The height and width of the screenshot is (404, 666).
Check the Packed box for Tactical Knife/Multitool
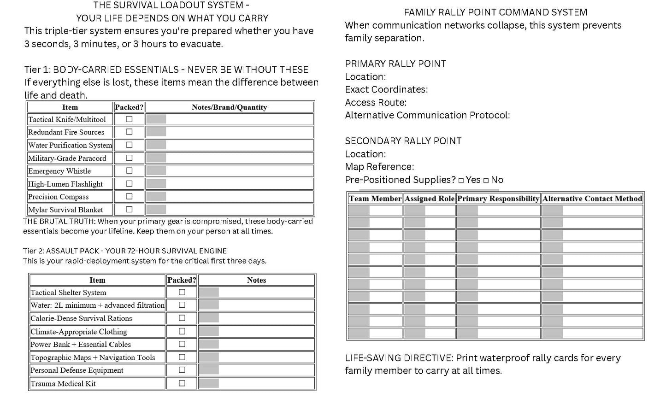(x=129, y=119)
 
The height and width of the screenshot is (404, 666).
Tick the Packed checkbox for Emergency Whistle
(x=129, y=170)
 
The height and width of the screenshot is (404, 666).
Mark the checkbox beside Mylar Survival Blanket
(x=129, y=209)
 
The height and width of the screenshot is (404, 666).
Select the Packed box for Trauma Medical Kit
(x=182, y=383)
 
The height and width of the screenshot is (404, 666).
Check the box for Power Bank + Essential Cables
(x=182, y=344)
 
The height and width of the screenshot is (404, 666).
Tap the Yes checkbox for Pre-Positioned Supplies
(x=461, y=181)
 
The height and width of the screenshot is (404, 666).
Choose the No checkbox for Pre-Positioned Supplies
(x=486, y=181)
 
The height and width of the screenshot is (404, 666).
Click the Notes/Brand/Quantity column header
(x=229, y=107)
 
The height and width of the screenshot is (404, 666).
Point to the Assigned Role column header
(x=429, y=199)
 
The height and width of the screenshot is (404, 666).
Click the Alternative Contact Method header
(x=592, y=199)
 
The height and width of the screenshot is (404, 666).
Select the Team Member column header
(x=375, y=199)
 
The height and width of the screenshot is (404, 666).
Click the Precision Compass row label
(x=59, y=197)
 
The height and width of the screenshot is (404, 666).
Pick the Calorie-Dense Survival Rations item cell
(x=81, y=318)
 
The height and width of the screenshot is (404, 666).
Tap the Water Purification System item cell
(x=70, y=145)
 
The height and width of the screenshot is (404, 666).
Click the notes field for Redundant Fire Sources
(x=229, y=132)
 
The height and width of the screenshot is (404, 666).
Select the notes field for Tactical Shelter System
(x=256, y=292)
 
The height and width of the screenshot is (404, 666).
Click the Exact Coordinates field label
(x=386, y=89)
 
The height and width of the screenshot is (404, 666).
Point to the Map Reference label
(x=379, y=167)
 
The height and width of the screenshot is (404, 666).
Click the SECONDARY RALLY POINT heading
(x=403, y=141)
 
